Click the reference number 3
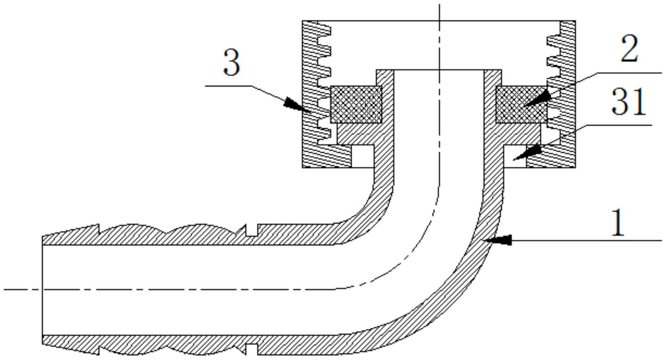[231, 63]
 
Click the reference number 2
[629, 49]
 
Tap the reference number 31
[628, 102]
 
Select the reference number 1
[618, 223]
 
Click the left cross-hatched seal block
[356, 104]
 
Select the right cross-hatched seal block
[521, 104]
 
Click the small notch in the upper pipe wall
[251, 230]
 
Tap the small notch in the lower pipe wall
[251, 349]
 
